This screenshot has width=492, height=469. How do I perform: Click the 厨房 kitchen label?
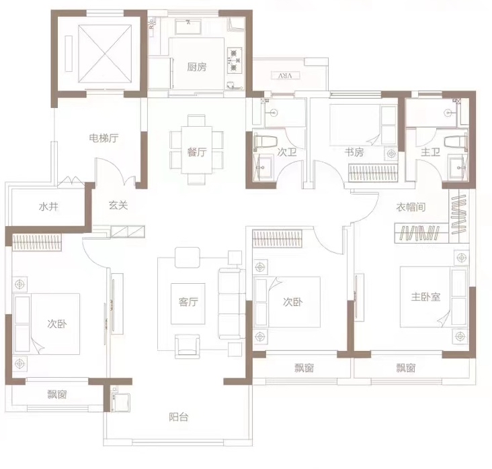click(x=197, y=67)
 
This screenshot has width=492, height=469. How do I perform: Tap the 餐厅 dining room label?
click(x=197, y=152)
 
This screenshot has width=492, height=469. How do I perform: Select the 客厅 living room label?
click(x=188, y=302)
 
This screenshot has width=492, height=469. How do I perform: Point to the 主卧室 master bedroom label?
click(x=425, y=297)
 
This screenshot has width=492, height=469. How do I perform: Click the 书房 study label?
click(x=354, y=152)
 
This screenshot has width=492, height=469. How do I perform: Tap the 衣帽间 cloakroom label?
click(x=411, y=207)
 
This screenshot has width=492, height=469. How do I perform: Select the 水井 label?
click(x=48, y=207)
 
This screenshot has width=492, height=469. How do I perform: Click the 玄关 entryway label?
click(x=118, y=205)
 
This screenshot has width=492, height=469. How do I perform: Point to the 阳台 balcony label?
click(x=179, y=417)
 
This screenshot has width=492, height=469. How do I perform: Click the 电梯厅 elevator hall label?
click(x=104, y=138)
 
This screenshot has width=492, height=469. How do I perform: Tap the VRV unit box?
click(x=285, y=76)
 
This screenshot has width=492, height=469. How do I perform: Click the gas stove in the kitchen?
click(x=235, y=60)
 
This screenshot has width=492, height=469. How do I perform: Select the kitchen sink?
click(x=188, y=26)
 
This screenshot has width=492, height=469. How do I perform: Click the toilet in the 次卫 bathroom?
click(x=265, y=142)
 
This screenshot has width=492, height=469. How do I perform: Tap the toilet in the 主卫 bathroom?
click(x=456, y=142)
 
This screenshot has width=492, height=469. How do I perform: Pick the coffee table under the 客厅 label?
click(x=188, y=303)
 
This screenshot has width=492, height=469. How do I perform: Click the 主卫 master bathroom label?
click(x=430, y=152)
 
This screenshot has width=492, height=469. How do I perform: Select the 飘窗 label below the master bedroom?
click(x=406, y=368)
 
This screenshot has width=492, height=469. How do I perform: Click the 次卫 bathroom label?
click(x=287, y=152)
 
